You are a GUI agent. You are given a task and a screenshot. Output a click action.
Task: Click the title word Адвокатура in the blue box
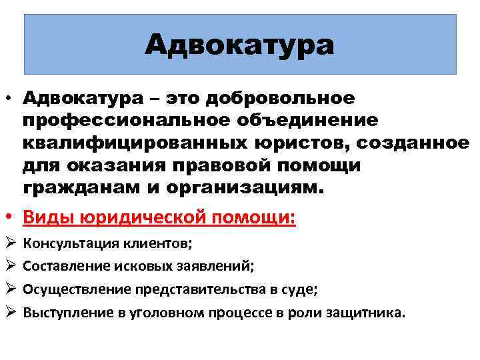pos(239,45)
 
